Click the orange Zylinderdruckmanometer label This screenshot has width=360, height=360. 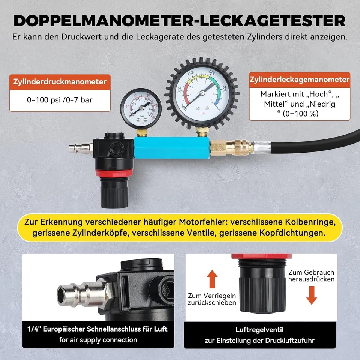tap(60, 82)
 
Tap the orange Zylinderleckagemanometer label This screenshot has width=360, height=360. tap(300, 80)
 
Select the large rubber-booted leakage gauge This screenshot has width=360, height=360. tap(202, 92)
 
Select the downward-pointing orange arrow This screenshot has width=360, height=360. tap(312, 295)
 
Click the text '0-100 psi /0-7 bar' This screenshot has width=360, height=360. tap(60, 100)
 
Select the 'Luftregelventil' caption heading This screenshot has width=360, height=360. tap(259, 330)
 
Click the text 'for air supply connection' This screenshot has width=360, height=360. tap(98, 340)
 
